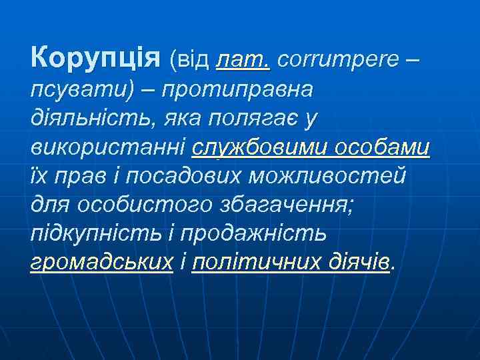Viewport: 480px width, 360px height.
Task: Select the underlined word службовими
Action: click(x=261, y=147)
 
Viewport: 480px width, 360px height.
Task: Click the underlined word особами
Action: click(x=384, y=147)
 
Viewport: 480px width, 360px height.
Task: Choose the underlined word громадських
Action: click(x=102, y=263)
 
